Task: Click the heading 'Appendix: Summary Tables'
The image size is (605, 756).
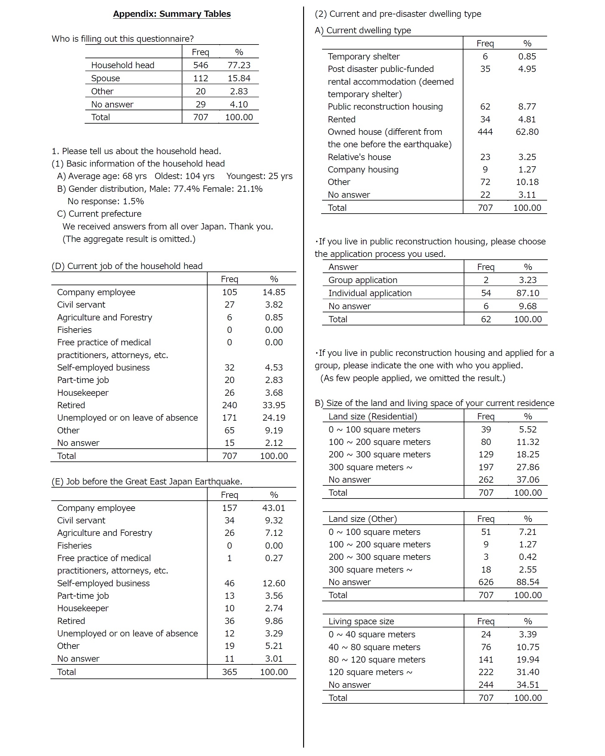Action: pos(172,14)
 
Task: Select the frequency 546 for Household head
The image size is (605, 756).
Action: pos(200,65)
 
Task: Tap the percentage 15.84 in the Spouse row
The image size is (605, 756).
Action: pos(239,78)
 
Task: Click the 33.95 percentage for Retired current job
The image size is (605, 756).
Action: pos(274,405)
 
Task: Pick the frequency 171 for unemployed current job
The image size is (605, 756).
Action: pos(229,418)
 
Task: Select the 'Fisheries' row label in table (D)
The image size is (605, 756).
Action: pos(74,330)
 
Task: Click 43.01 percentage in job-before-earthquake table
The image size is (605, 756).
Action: pos(274,508)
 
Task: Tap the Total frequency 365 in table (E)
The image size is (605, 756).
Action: pos(229,672)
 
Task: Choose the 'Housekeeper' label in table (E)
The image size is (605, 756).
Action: pos(83,608)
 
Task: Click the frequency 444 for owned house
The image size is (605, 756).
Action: pos(485,132)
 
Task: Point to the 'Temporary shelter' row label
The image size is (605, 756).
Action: pos(363,56)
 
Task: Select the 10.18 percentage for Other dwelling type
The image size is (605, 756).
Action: pos(527,182)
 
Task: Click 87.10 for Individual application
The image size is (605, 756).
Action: pos(528,293)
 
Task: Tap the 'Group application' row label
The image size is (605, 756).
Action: pos(363,280)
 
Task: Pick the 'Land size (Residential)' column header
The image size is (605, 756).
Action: pos(373,416)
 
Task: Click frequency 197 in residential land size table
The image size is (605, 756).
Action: pos(486,467)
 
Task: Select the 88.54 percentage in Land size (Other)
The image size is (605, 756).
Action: pos(528,582)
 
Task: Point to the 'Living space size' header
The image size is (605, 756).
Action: pos(361,621)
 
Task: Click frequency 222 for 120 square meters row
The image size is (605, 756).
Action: pos(486,672)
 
